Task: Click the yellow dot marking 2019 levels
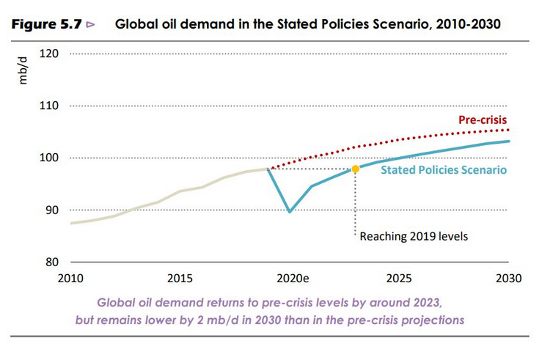355,169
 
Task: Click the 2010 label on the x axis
71,279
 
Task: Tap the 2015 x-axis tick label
180,279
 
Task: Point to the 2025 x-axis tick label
399,279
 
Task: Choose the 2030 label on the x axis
508,279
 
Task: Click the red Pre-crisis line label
483,120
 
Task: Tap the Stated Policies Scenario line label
444,171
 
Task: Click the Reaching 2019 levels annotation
414,236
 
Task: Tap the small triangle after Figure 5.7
91,24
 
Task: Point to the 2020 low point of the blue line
290,212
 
